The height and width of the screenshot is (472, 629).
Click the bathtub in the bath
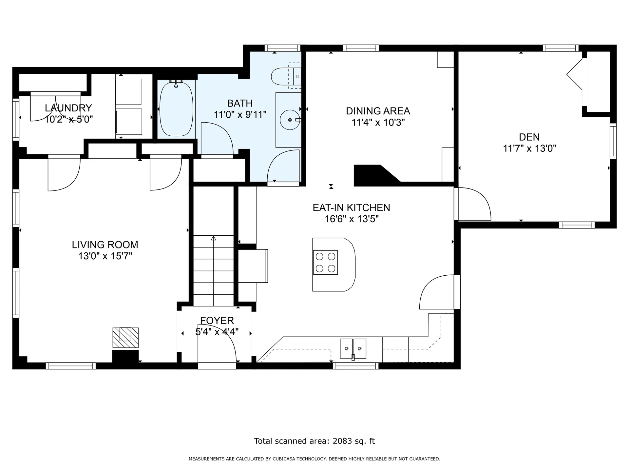click(176, 109)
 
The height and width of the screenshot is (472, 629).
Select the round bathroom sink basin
click(290, 120)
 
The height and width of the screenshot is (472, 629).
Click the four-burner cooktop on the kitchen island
click(325, 263)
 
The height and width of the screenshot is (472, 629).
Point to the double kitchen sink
click(353, 349)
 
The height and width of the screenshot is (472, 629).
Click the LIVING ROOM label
click(105, 245)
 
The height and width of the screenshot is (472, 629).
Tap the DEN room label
click(529, 137)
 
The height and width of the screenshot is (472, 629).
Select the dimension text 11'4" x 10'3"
click(378, 123)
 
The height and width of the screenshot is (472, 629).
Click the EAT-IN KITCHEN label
click(351, 207)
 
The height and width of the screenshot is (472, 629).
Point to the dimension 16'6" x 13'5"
click(352, 219)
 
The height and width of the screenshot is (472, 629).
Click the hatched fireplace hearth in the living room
click(125, 337)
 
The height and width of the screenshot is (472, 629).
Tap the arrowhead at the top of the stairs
click(214, 238)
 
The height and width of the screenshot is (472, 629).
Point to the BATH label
click(240, 103)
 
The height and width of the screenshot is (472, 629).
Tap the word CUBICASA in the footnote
click(284, 459)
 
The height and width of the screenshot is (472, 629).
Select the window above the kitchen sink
click(356, 366)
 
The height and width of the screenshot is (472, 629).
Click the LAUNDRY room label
click(68, 108)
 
